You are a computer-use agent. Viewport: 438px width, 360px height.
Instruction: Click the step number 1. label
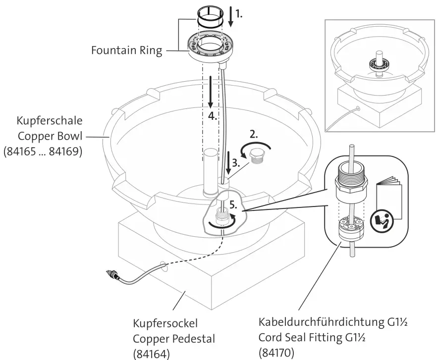(239, 15)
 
